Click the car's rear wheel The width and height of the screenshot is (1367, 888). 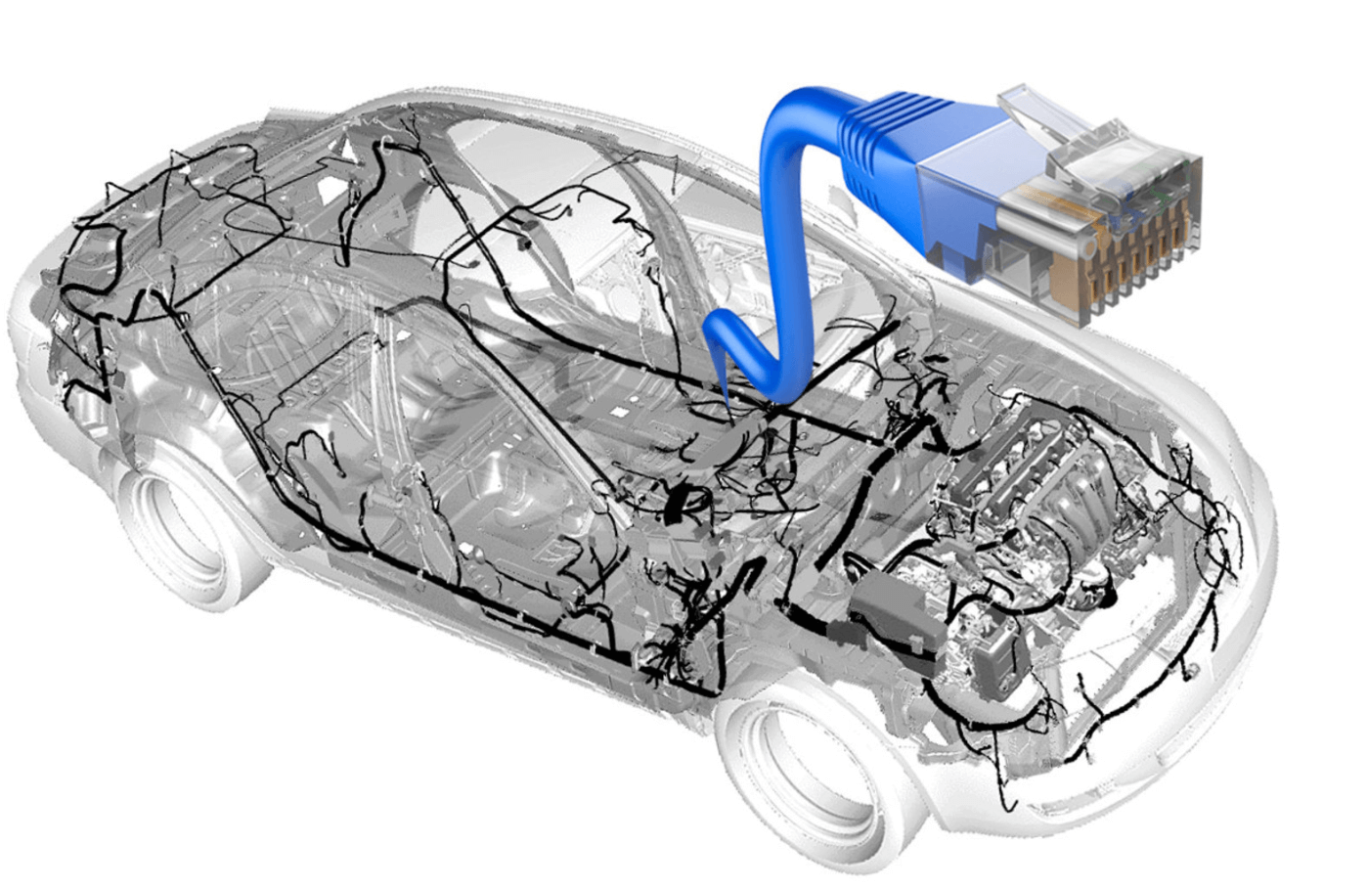point(186,528)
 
